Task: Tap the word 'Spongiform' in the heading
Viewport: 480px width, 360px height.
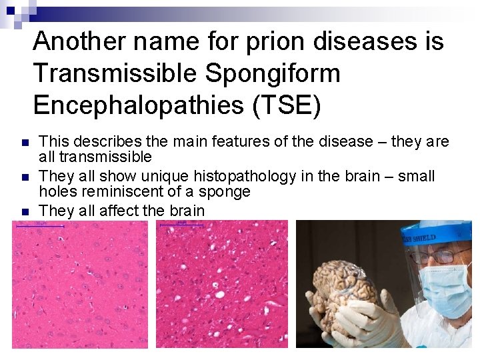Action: coord(273,73)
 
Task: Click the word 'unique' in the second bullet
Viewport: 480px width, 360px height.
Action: coord(169,177)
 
